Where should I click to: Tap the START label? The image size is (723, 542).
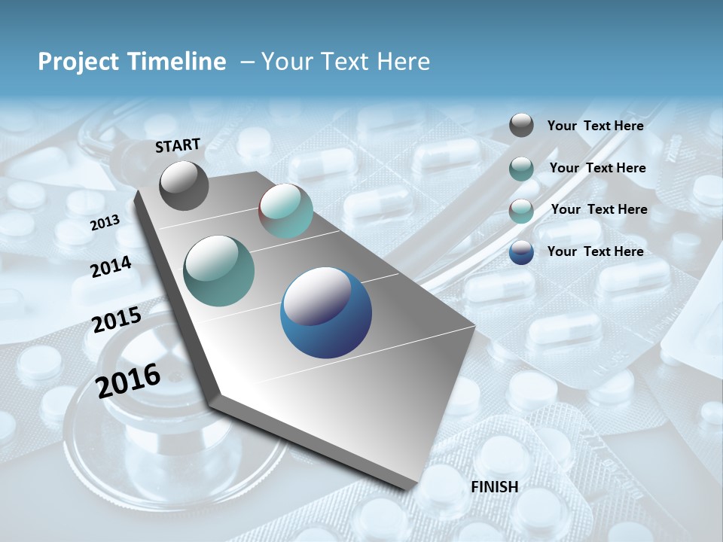pos(178,145)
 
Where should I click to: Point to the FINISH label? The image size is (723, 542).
pos(494,486)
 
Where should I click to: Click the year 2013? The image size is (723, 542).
pos(105,223)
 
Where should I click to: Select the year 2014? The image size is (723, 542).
pos(111,266)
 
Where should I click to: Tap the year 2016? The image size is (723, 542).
pos(128,380)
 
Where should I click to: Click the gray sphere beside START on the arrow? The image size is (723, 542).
pos(184,185)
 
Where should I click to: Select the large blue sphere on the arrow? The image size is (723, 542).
pos(326,312)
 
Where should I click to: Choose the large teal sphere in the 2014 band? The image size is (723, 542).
pos(219,271)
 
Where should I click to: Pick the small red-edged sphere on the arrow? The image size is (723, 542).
pos(285,211)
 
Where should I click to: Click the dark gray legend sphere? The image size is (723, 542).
pos(521,126)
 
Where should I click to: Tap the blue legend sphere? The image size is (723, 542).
pos(521,251)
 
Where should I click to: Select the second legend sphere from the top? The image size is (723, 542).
pos(521,168)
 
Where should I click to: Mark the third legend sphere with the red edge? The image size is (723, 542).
pos(521,210)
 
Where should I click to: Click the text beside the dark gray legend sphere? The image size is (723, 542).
pos(595,126)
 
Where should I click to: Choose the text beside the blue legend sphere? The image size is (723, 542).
pos(595,251)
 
